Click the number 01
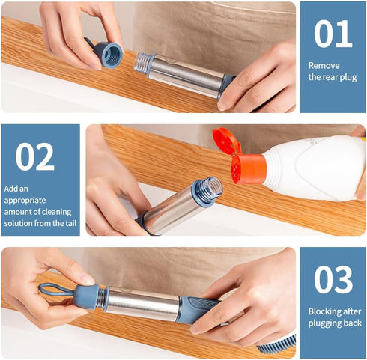(x=333, y=34)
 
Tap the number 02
(x=35, y=157)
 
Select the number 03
(x=333, y=280)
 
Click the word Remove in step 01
(x=324, y=65)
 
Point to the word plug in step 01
(x=347, y=77)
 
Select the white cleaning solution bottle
(x=315, y=168)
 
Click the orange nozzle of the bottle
(x=248, y=169)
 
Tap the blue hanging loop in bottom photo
(x=52, y=289)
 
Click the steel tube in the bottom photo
(x=142, y=303)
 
